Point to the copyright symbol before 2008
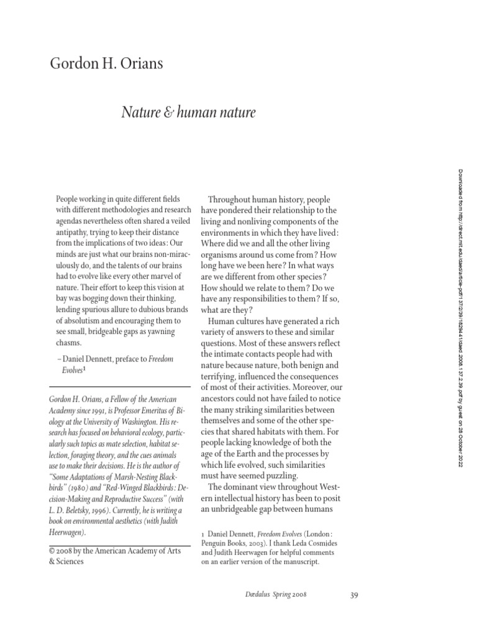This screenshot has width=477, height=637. click(x=51, y=551)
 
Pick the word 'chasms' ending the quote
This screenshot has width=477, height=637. click(x=70, y=343)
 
